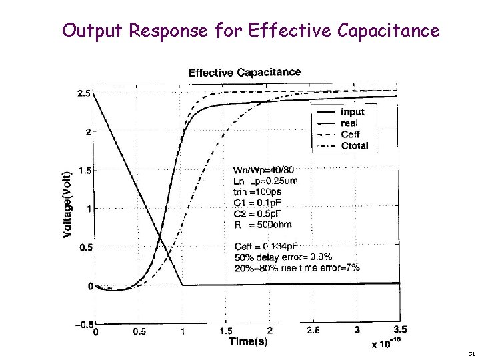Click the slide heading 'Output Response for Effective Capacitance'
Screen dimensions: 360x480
(x=251, y=30)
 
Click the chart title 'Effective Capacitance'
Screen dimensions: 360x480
(x=244, y=72)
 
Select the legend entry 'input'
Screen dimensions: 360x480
(x=352, y=112)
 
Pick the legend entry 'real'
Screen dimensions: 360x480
(x=349, y=123)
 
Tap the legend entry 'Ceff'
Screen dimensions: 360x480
(x=350, y=135)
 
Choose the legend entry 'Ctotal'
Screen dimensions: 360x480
(x=354, y=146)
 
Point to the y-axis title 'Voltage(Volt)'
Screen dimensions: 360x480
(x=67, y=193)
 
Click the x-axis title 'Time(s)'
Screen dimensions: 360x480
(x=249, y=342)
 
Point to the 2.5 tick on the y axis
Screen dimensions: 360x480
(x=83, y=94)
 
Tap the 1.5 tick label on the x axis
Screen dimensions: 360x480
(x=226, y=331)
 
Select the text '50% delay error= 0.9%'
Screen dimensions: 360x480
(x=283, y=257)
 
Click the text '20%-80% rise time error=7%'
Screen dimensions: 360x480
(x=297, y=267)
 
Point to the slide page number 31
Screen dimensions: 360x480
(x=471, y=354)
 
